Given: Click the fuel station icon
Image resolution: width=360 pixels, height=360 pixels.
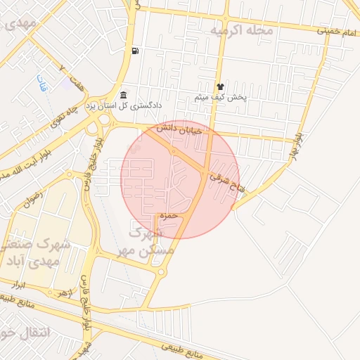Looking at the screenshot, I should tap(134, 51).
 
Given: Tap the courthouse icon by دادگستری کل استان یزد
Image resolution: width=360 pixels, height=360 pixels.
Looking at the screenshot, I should tap(124, 95).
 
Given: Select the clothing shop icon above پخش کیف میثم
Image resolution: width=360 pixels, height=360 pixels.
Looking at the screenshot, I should tap(219, 86).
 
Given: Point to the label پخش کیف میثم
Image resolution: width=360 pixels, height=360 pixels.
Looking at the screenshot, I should tap(221, 98).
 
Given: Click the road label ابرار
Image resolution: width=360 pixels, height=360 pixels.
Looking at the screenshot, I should tap(18, 285).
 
